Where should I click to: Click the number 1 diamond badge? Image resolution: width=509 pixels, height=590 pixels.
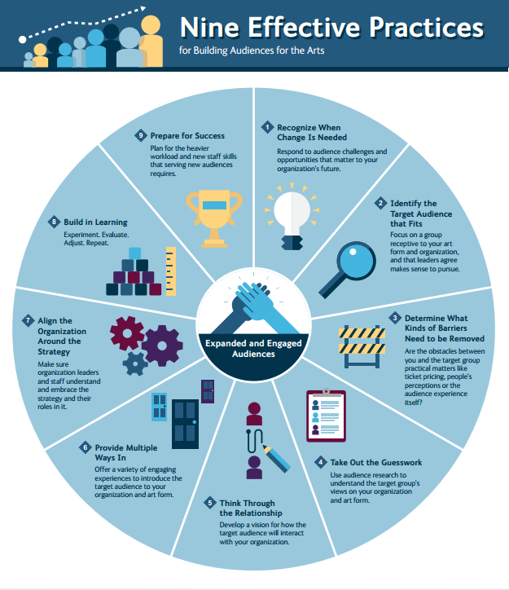(267, 127)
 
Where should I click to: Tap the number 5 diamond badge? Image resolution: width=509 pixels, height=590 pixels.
(210, 503)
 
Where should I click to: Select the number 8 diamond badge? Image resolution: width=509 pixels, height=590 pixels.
(54, 222)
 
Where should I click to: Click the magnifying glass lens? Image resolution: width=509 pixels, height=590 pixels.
(356, 261)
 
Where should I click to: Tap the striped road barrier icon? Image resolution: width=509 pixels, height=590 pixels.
(362, 346)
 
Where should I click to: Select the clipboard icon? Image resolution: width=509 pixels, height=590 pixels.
(326, 416)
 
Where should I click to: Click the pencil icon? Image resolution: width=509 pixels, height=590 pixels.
(277, 459)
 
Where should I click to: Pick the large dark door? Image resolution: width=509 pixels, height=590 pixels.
(186, 424)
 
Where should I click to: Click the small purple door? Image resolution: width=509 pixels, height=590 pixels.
(208, 391)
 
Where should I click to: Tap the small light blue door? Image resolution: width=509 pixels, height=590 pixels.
(159, 407)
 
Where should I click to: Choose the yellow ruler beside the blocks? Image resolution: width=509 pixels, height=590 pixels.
(171, 271)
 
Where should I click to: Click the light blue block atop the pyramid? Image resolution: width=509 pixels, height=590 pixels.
(135, 253)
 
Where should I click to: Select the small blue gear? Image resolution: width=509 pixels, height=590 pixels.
(135, 363)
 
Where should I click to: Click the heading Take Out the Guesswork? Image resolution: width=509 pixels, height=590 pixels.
(376, 462)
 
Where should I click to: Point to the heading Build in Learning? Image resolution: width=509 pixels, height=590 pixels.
(95, 222)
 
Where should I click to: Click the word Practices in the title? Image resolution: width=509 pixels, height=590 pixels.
(426, 28)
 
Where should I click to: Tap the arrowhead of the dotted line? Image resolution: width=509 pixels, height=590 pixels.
(143, 9)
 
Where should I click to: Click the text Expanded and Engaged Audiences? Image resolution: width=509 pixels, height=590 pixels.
(253, 349)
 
